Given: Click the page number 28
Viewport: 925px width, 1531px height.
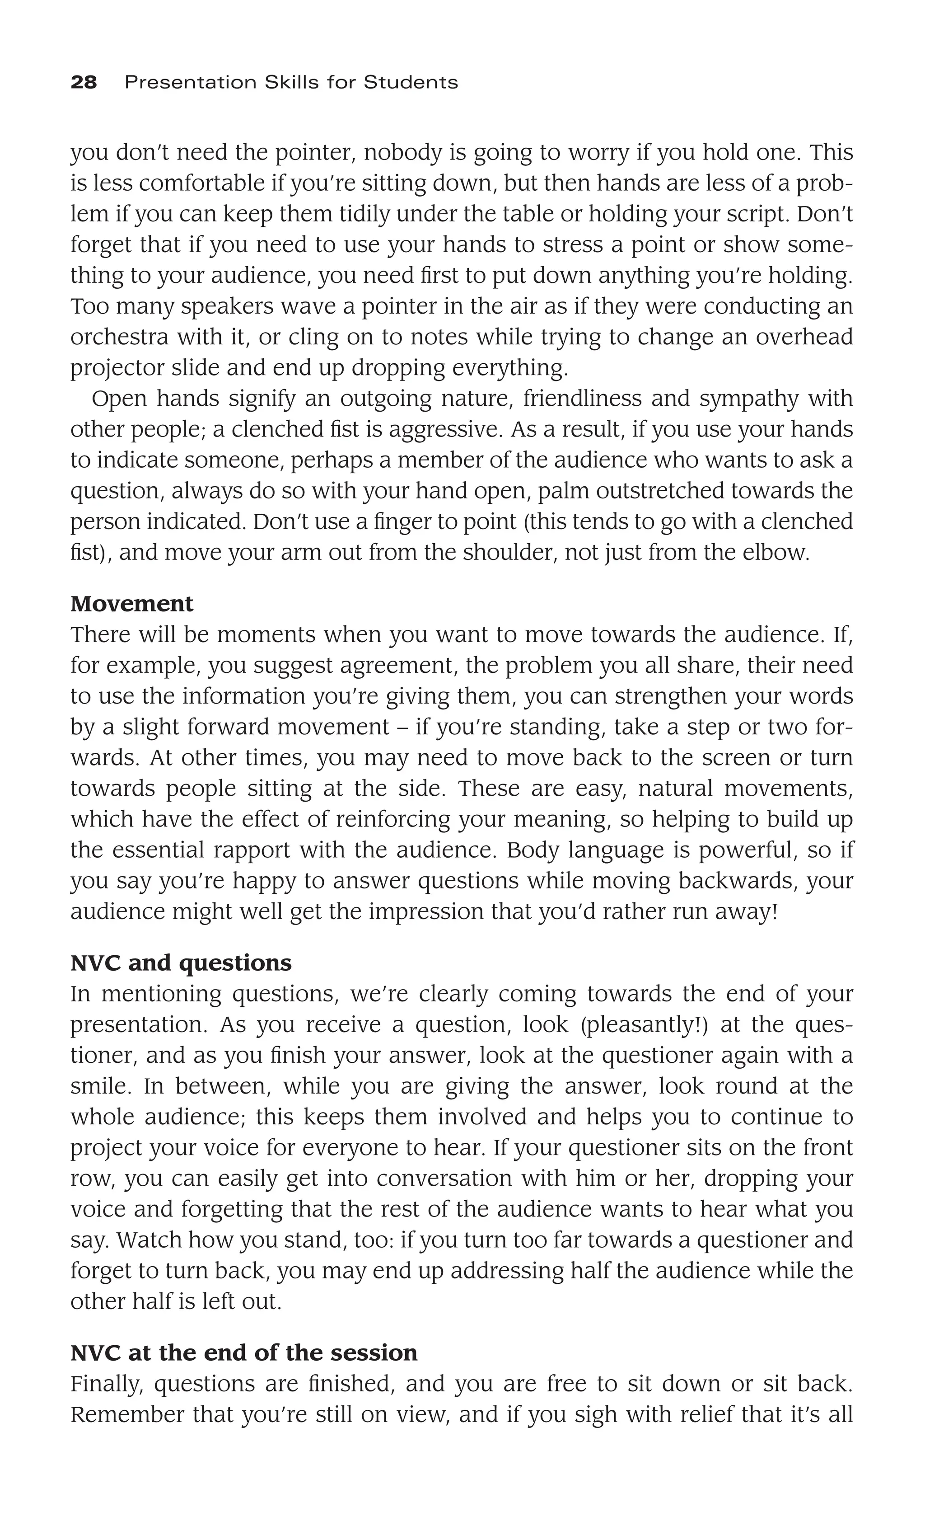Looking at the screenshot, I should [x=84, y=83].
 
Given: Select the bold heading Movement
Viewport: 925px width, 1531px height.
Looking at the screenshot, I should [x=132, y=604].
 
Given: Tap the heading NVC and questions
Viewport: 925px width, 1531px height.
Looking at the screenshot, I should [x=181, y=963].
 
